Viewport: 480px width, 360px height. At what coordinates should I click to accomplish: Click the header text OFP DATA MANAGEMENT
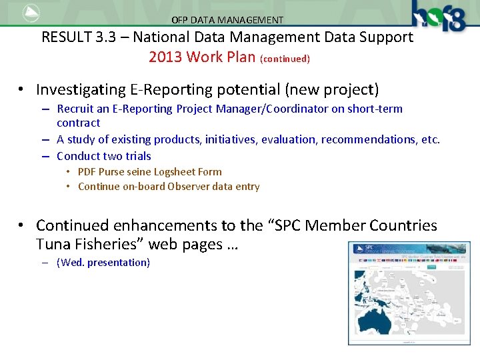227,20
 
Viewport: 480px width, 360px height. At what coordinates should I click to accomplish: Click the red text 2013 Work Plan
201,57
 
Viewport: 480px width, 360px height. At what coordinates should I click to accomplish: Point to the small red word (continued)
285,59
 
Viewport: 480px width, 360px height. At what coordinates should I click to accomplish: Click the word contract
78,123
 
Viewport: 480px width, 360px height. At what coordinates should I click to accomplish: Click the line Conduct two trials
104,156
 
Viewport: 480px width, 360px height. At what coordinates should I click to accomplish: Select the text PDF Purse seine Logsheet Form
149,171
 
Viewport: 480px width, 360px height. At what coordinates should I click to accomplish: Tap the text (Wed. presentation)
103,262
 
